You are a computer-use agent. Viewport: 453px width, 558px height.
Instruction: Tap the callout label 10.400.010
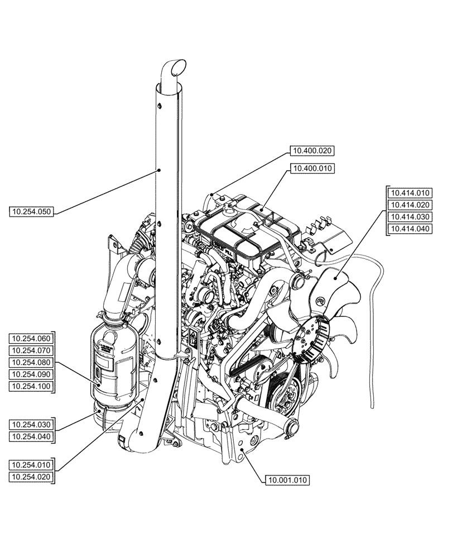(x=313, y=168)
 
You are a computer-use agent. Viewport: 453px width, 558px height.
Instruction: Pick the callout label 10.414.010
(x=410, y=193)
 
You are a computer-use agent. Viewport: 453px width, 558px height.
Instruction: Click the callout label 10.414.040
(x=410, y=229)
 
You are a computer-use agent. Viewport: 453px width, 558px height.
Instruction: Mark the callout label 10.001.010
(x=288, y=479)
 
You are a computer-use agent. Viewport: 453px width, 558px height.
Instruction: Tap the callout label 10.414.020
(x=410, y=205)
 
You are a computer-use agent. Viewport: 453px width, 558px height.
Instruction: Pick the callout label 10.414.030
(x=410, y=217)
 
